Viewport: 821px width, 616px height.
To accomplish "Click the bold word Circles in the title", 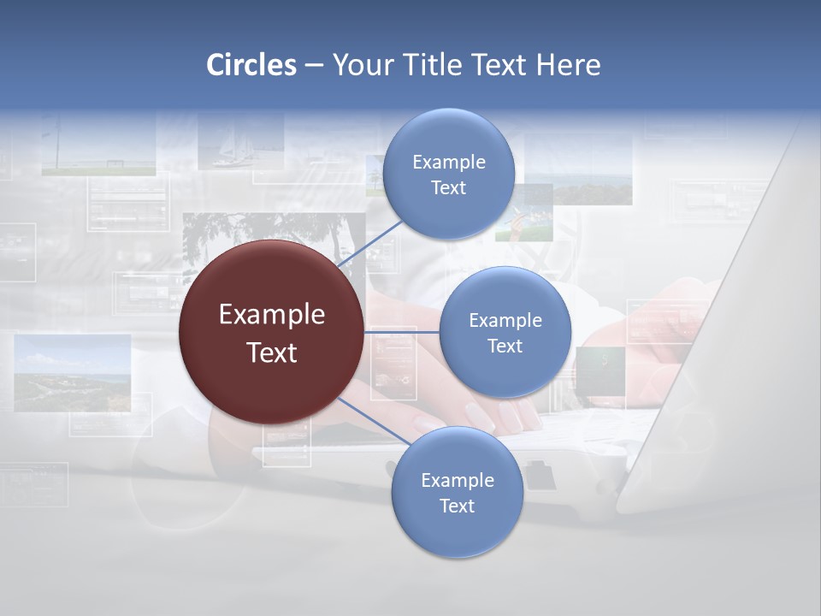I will pyautogui.click(x=251, y=65).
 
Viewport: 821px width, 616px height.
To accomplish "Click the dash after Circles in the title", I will pyautogui.click(x=314, y=66).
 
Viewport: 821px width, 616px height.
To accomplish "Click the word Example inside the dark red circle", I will pyautogui.click(x=271, y=315).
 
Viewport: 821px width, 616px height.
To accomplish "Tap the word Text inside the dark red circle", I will pyautogui.click(x=271, y=352).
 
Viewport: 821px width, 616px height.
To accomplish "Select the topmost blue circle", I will pyautogui.click(x=448, y=174).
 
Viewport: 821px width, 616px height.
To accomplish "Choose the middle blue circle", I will pyautogui.click(x=505, y=332).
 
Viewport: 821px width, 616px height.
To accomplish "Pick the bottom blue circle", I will pyautogui.click(x=457, y=493).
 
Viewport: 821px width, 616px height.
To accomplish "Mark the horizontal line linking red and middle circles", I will pyautogui.click(x=401, y=331).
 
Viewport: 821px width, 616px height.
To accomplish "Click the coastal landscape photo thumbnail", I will pyautogui.click(x=73, y=372).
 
